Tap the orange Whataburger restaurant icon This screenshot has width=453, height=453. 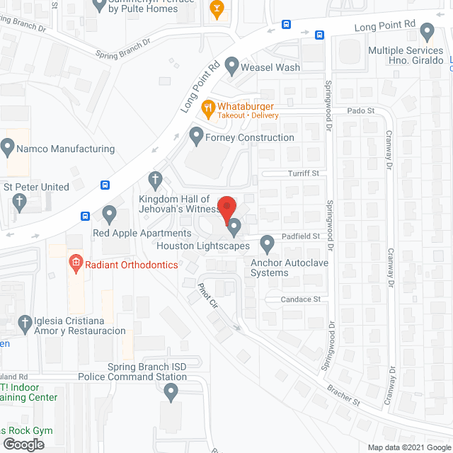coord(208,108)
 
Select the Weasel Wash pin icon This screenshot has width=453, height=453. coord(231,67)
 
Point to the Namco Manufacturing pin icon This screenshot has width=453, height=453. coord(8,148)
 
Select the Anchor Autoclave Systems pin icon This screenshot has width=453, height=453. coord(267,244)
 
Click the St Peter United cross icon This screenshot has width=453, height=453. coord(20,203)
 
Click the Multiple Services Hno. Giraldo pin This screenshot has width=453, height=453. coord(427,32)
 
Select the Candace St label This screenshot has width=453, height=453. coord(301,299)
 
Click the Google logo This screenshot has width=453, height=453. coord(23,444)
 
